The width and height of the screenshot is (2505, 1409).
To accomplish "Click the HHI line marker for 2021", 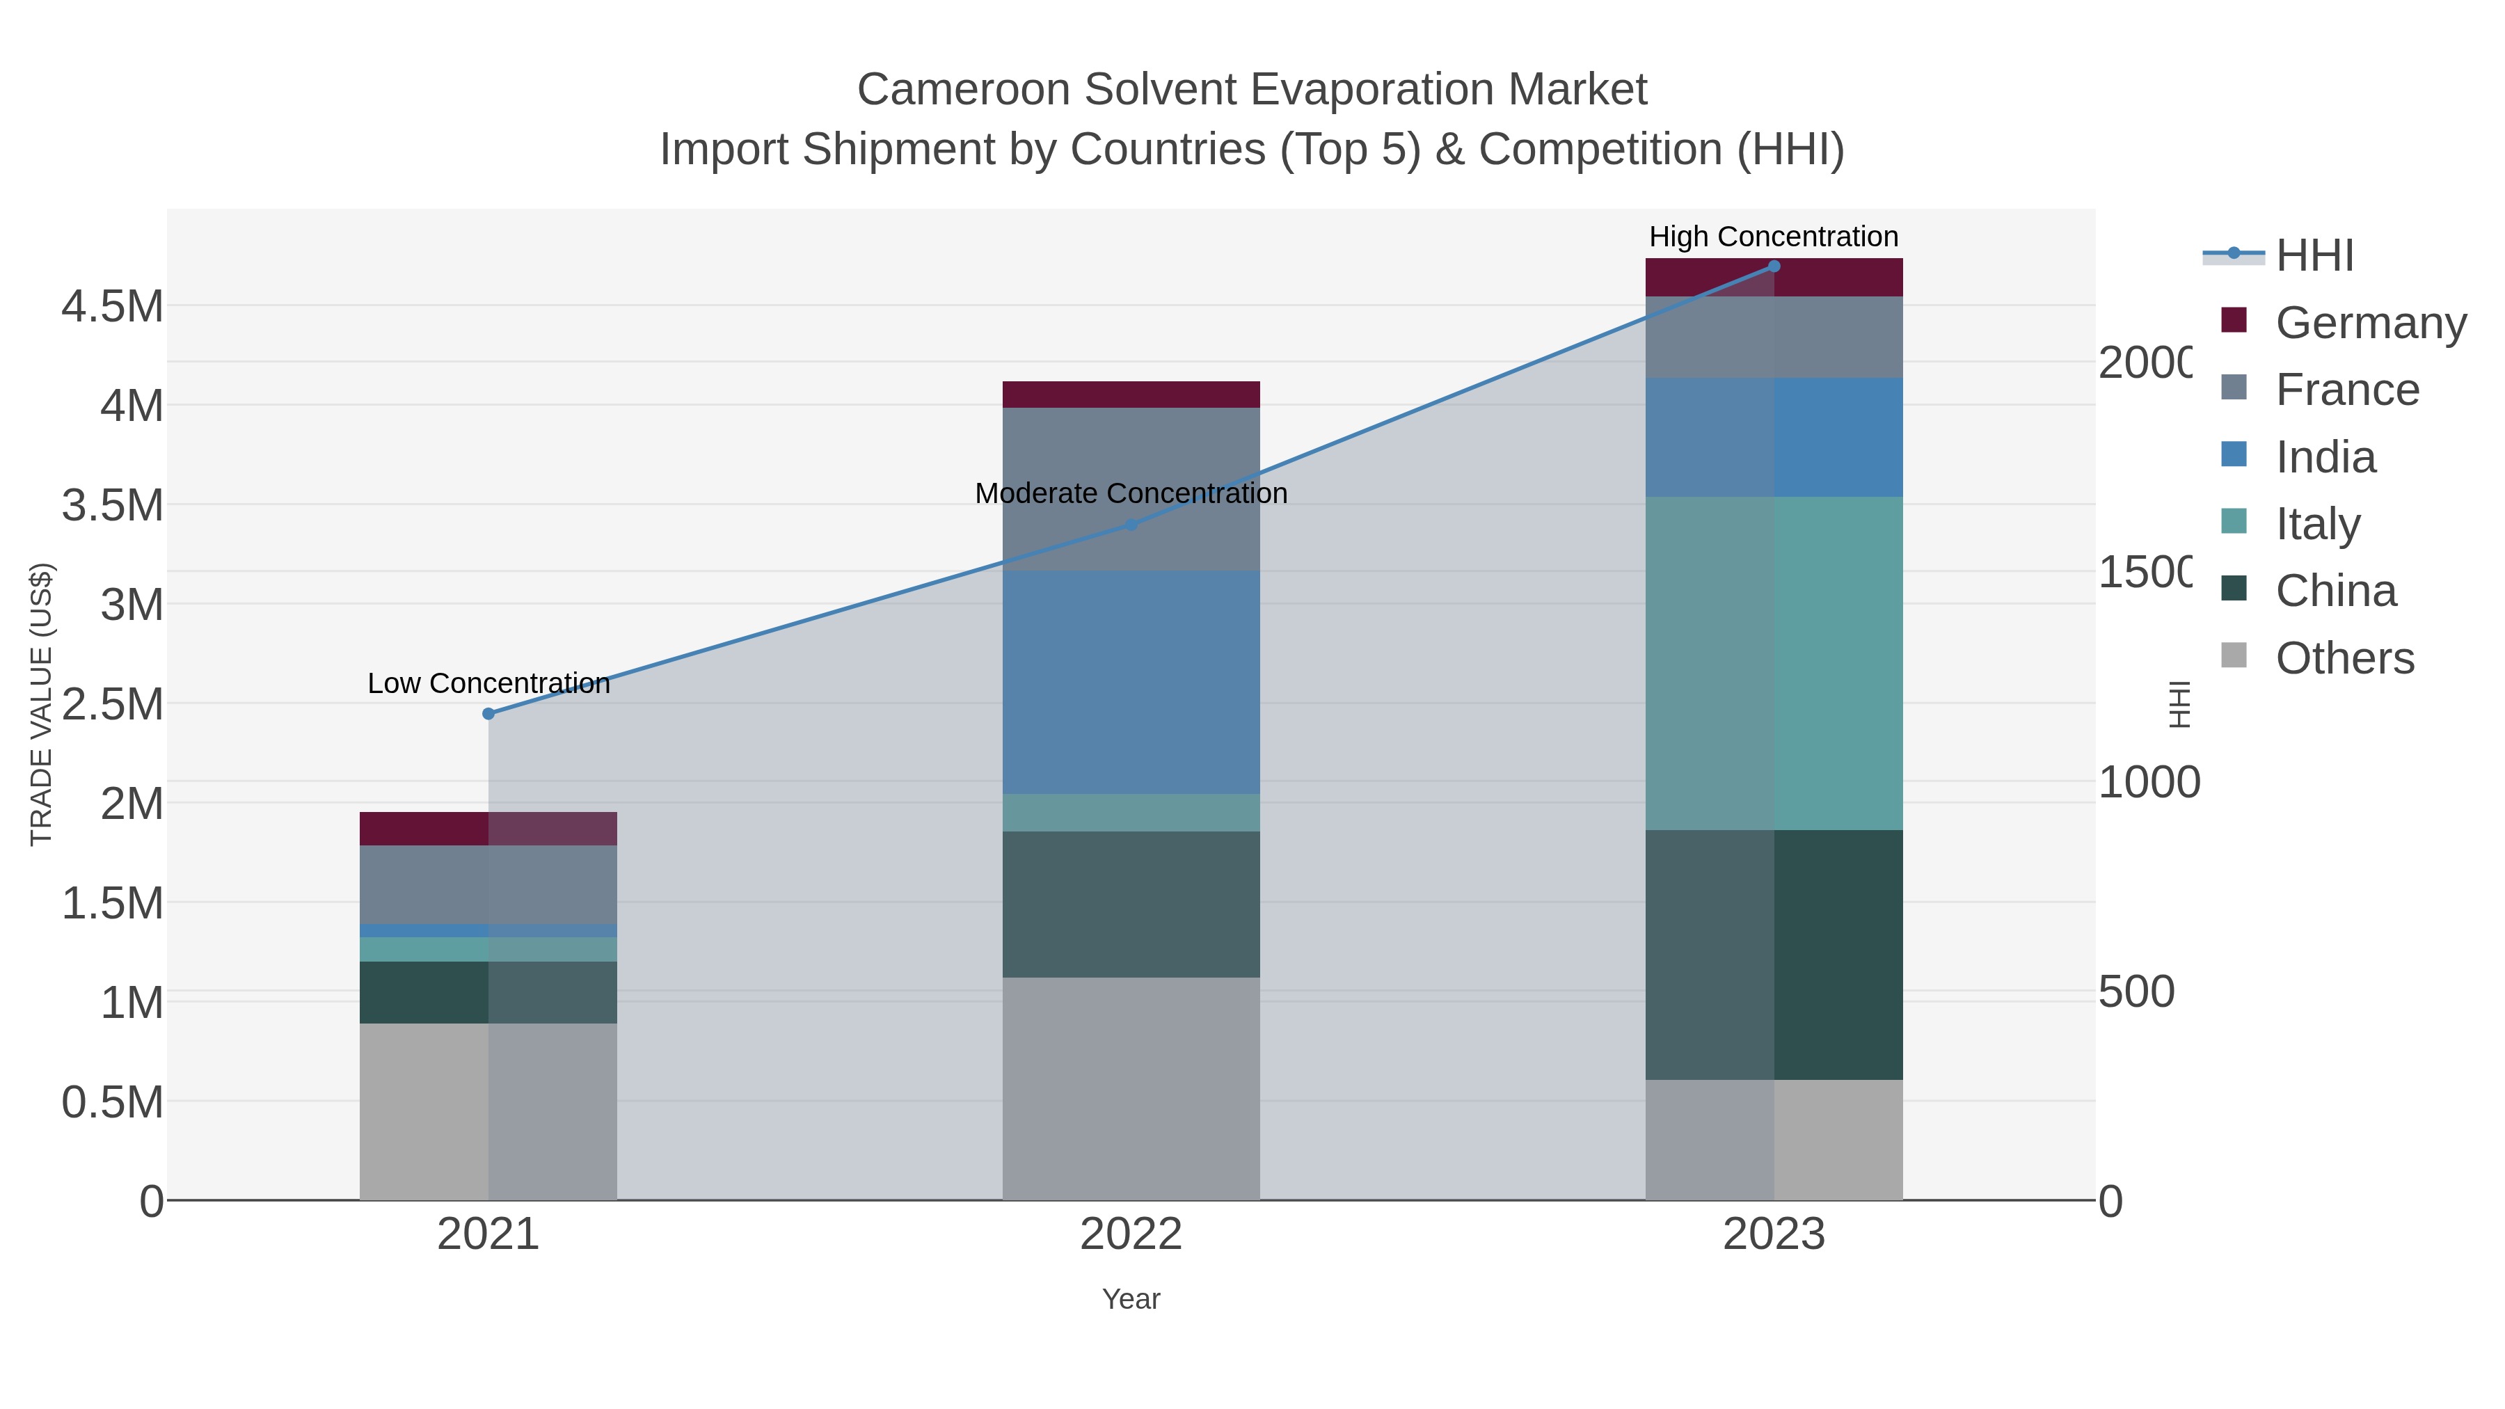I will pyautogui.click(x=488, y=714).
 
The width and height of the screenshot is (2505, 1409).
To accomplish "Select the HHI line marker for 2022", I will pyautogui.click(x=1131, y=525).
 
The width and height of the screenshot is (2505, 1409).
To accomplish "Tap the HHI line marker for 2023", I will pyautogui.click(x=1774, y=266).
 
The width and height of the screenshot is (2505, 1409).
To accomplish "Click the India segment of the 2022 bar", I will pyautogui.click(x=1131, y=682).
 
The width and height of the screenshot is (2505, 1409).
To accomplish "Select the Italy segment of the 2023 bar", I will pyautogui.click(x=1774, y=663).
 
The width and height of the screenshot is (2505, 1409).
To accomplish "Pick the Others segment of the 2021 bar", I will pyautogui.click(x=488, y=1111).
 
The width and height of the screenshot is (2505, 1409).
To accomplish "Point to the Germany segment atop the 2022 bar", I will pyautogui.click(x=1131, y=395).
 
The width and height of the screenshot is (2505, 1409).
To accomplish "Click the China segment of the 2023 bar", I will pyautogui.click(x=1774, y=954).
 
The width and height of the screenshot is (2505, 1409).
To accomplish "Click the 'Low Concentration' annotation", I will pyautogui.click(x=488, y=683).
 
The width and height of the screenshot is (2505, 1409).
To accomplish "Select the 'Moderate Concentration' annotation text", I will pyautogui.click(x=1131, y=494).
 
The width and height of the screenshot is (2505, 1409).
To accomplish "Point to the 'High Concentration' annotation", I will pyautogui.click(x=1774, y=237).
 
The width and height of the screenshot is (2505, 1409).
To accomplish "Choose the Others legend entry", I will pyautogui.click(x=2344, y=658).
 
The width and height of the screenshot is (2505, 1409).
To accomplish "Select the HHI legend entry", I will pyautogui.click(x=2314, y=256).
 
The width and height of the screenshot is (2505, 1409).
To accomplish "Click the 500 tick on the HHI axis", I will pyautogui.click(x=2136, y=992).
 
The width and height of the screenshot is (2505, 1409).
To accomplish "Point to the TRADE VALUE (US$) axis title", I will pyautogui.click(x=41, y=704).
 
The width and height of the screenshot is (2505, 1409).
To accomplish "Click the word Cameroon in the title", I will pyautogui.click(x=964, y=90).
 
